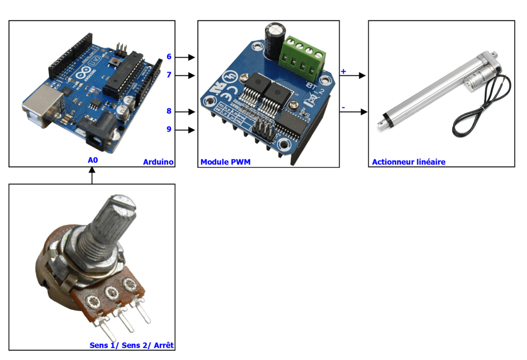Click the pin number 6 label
tap(169, 57)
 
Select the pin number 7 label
tap(169, 75)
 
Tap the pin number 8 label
tap(169, 111)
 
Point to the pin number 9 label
tap(169, 129)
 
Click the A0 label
tap(93, 160)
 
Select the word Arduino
tap(158, 162)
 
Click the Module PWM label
tap(225, 162)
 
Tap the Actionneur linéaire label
tap(409, 162)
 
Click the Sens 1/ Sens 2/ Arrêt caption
tap(131, 345)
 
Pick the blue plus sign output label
tap(343, 71)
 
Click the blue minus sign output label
tap(343, 107)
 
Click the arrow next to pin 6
tap(187, 57)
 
